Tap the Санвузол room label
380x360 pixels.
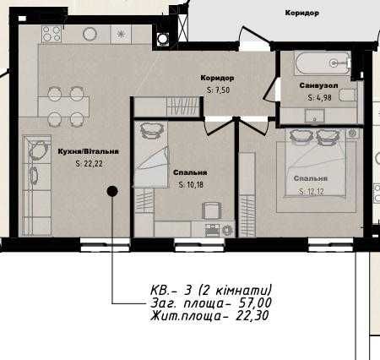[319, 86]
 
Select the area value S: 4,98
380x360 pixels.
[319, 97]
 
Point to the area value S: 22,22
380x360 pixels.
[89, 164]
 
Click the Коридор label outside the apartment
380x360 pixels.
[301, 14]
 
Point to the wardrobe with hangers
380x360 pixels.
[182, 105]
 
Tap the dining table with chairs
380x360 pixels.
[68, 106]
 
